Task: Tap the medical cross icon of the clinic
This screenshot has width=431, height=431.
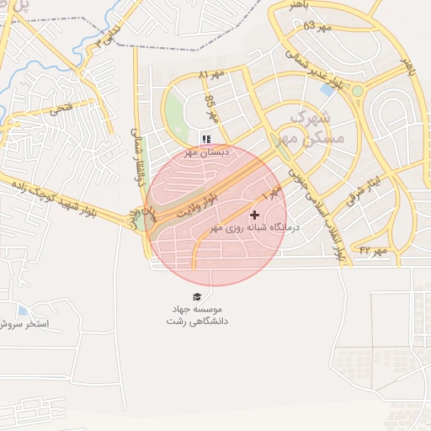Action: [x=254, y=215]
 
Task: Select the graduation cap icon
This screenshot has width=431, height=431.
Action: [x=197, y=297]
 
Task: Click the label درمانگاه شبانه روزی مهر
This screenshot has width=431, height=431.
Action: [x=250, y=228]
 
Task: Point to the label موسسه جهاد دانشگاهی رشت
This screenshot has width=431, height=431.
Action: [x=199, y=316]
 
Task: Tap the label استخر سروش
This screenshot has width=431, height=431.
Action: [x=25, y=323]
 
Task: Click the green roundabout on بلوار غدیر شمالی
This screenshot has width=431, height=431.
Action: [x=357, y=90]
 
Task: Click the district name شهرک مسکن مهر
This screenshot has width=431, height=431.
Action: [x=307, y=126]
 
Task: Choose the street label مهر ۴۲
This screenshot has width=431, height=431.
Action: [x=373, y=251]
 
